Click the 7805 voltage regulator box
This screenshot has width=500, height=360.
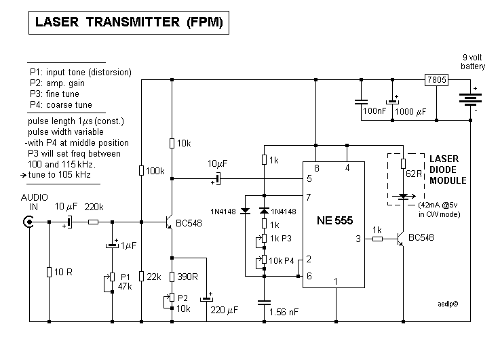436,79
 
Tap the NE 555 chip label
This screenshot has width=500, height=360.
335,220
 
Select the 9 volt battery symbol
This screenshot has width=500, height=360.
470,100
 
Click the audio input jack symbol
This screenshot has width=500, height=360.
28,222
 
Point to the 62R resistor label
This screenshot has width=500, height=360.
414,174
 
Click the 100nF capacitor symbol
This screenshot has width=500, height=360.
362,102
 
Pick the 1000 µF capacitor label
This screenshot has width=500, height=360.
410,111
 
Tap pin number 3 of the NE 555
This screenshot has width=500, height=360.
358,239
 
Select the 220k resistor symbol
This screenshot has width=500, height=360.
93,222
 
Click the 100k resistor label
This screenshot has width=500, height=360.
155,172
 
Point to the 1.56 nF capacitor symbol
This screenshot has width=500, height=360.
264,302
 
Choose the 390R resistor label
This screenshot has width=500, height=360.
187,277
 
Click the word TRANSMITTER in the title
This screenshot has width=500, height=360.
133,22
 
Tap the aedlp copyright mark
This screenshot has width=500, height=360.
448,304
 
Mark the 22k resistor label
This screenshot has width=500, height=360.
154,277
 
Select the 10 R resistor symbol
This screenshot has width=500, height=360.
49,272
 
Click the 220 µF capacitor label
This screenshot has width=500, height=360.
224,311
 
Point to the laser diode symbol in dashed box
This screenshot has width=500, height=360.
404,197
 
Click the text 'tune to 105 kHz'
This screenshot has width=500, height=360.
59,175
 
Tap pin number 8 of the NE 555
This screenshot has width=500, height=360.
316,168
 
